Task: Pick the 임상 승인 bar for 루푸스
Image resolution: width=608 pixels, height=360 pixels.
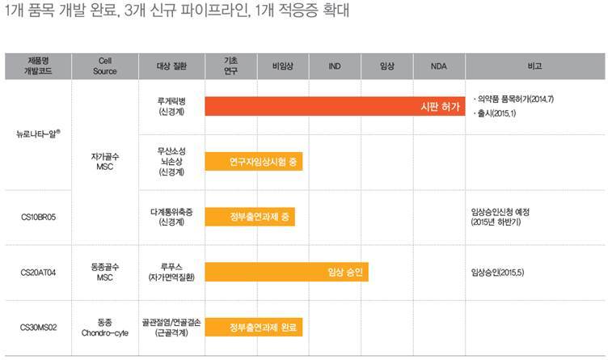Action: [286, 272]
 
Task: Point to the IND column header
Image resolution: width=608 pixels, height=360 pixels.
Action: [334, 66]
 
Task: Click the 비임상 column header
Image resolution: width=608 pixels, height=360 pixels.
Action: [281, 66]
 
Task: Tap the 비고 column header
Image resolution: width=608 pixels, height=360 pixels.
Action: [534, 66]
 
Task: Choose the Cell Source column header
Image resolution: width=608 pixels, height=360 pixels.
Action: [104, 66]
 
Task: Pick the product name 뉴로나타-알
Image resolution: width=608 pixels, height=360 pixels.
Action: [38, 133]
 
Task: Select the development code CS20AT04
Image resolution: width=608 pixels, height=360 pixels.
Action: [38, 272]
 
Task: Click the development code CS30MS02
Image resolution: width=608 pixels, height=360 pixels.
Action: [38, 328]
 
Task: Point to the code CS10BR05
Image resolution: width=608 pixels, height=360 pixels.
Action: [38, 217]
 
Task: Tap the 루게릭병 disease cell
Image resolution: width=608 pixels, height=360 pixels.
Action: [171, 106]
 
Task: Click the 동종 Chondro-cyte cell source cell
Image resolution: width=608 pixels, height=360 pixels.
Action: [104, 328]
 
